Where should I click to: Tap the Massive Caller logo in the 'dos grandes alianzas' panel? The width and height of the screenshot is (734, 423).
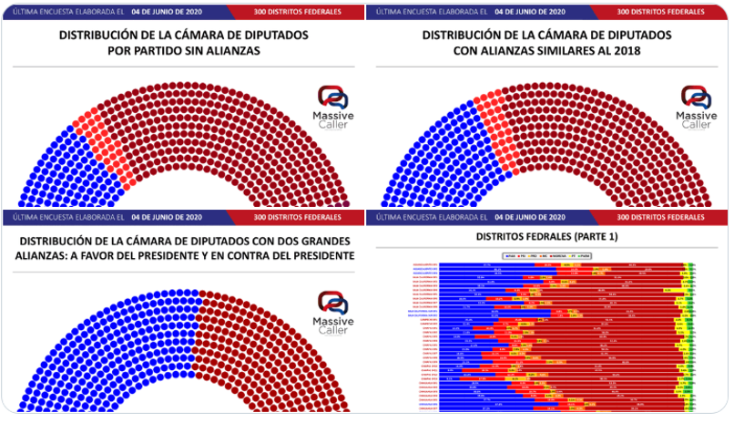[x=333, y=311]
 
